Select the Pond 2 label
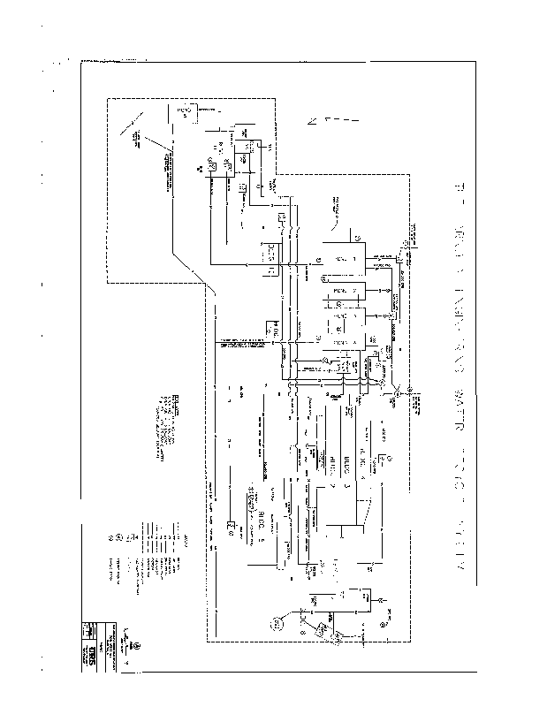pyautogui.click(x=344, y=290)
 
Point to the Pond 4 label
pyautogui.click(x=344, y=341)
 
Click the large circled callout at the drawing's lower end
pyautogui.click(x=277, y=624)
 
